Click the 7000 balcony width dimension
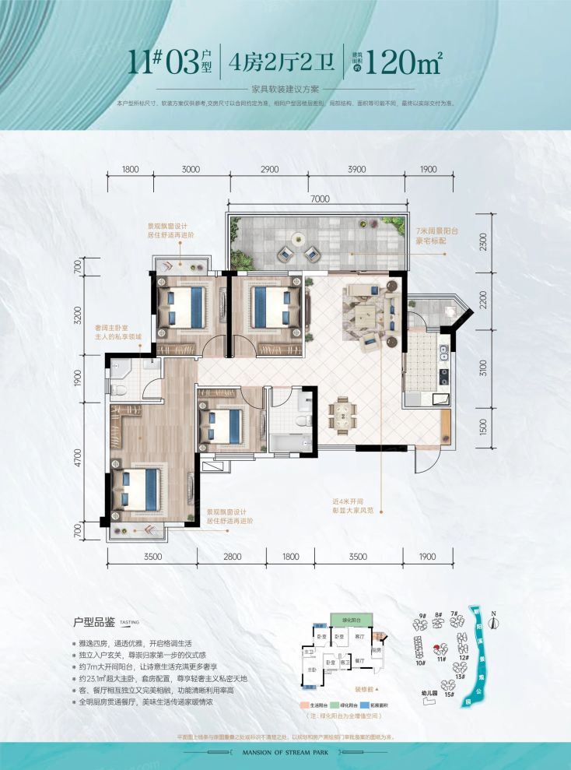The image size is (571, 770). point(316,200)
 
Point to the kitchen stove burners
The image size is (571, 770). point(444,377)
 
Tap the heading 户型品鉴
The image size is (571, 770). point(93,623)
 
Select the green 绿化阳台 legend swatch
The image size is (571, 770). point(331,705)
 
